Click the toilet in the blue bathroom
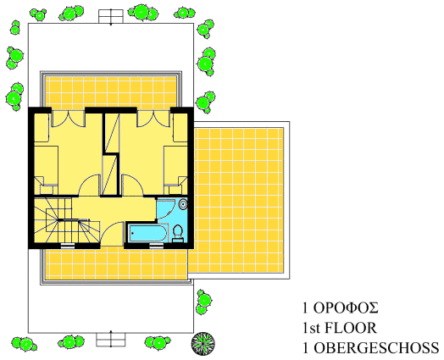tap(178, 234)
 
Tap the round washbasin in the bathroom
tap(183, 204)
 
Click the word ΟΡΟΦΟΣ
tap(346, 308)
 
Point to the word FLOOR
tap(351, 328)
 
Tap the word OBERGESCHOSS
tap(376, 348)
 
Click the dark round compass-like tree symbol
tap(203, 344)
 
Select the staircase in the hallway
tap(67, 220)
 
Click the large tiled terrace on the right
tap(239, 200)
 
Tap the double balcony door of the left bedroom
tap(68, 119)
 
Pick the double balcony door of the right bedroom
tap(153, 119)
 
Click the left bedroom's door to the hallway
tap(89, 186)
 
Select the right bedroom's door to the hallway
tap(132, 186)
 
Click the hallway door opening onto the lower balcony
tap(112, 234)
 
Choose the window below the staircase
tap(68, 246)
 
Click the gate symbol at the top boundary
tap(111, 17)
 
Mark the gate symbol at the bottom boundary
tap(111, 339)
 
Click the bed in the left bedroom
tap(46, 169)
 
